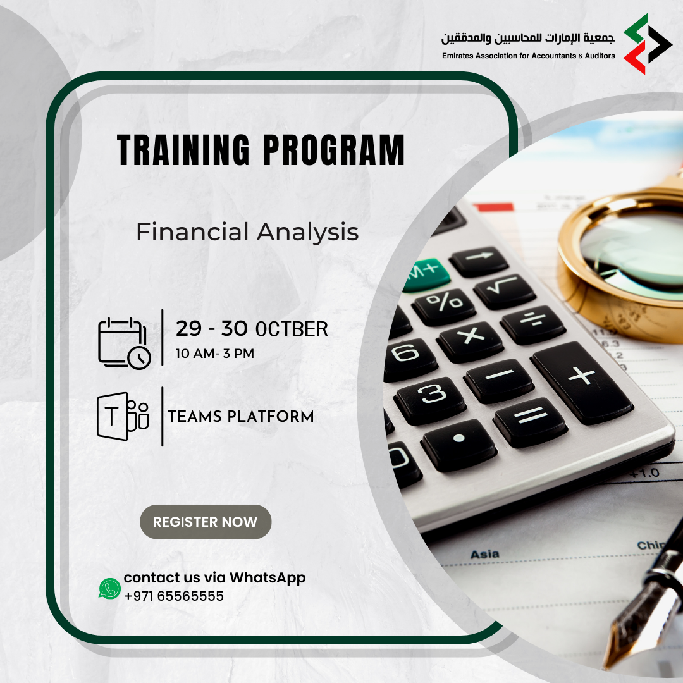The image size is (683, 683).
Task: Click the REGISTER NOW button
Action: tap(206, 521)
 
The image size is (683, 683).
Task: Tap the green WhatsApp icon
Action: tap(110, 588)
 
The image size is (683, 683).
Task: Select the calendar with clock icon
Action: tap(125, 343)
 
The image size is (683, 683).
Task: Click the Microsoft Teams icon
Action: tap(123, 416)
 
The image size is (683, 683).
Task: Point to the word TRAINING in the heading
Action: tap(183, 150)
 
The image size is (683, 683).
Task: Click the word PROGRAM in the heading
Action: tap(334, 150)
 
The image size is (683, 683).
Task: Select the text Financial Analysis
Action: tap(247, 231)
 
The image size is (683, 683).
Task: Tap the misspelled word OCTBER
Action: tap(292, 329)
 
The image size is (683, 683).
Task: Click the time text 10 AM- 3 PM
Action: tap(215, 354)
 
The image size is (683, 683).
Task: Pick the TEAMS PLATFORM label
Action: tap(241, 416)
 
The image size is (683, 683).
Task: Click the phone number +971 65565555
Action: tap(174, 596)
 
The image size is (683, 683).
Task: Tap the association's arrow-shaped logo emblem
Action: tap(648, 44)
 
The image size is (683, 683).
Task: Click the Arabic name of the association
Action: tap(528, 38)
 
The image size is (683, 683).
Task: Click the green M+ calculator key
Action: tap(426, 274)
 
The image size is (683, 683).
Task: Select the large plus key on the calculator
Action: tap(582, 382)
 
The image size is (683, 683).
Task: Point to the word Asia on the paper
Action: tap(485, 554)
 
